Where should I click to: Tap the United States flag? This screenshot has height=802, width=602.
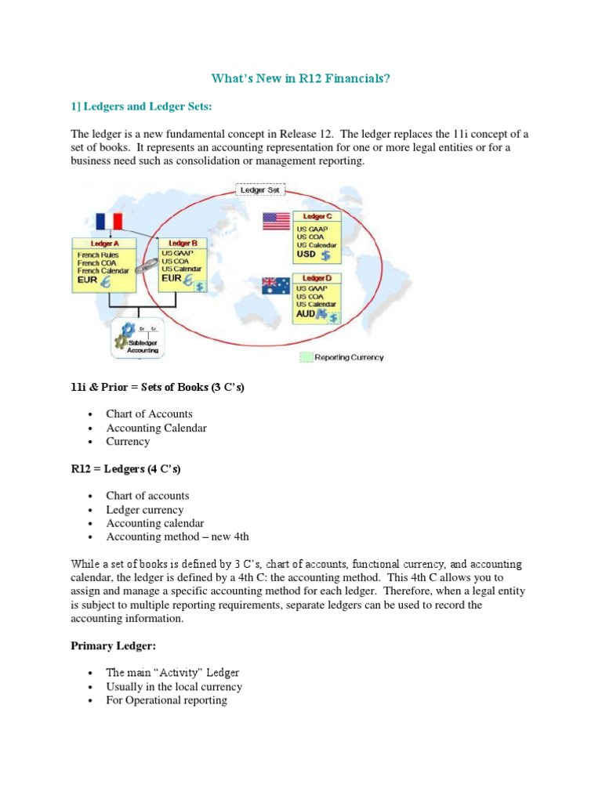click(276, 222)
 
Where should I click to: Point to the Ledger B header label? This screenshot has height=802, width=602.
click(183, 244)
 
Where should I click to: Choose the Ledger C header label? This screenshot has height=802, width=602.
click(317, 216)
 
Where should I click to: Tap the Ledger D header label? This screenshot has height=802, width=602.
click(317, 279)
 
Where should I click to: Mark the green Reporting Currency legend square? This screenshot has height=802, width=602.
click(306, 357)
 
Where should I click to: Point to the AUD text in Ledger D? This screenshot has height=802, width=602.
click(306, 313)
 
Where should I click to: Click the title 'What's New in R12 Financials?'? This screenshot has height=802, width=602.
click(301, 78)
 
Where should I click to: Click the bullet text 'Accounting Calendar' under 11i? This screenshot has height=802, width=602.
click(157, 428)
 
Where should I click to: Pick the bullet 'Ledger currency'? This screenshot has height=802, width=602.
click(145, 510)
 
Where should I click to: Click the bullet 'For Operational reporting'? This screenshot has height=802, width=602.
click(167, 700)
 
